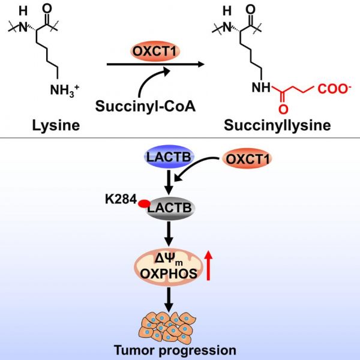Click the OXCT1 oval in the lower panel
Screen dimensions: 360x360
[x=247, y=160]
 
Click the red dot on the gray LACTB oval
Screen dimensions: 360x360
[x=145, y=204]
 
